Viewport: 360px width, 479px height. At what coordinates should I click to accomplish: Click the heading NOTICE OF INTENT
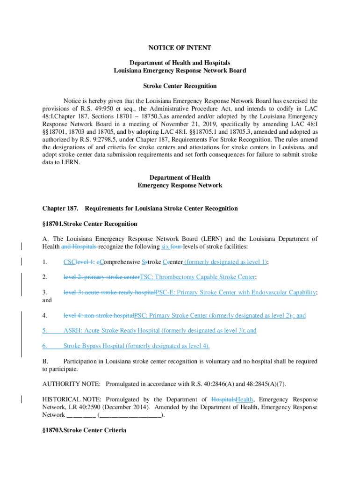tap(180, 48)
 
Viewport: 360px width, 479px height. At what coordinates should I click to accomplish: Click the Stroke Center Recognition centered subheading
tap(180, 86)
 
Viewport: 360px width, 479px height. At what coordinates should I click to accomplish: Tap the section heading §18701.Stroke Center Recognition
tap(90, 224)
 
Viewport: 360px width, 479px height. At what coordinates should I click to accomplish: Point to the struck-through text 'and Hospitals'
tap(79, 247)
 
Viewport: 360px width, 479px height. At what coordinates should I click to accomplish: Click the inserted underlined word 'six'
tap(166, 247)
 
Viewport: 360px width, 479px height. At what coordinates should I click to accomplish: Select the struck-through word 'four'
tap(176, 247)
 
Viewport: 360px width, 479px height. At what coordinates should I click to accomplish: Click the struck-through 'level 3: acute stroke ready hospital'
tap(109, 292)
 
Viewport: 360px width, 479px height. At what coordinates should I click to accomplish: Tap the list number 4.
tap(44, 315)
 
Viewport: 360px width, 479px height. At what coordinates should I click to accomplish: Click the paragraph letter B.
tap(45, 362)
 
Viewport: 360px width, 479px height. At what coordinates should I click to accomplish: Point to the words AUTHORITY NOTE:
tap(71, 384)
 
